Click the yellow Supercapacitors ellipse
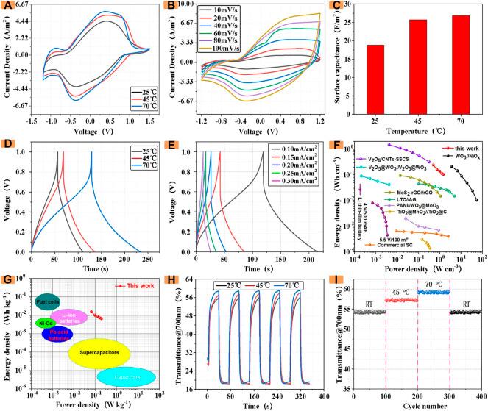coord(99,354)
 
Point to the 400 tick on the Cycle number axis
coord(481,397)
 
